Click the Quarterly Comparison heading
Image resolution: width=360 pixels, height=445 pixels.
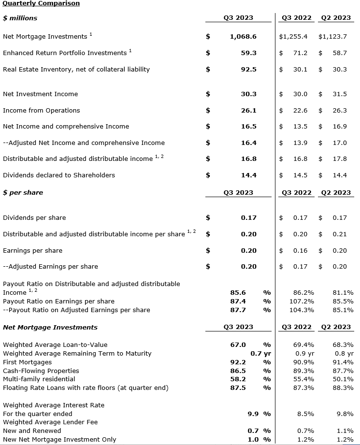[41, 3]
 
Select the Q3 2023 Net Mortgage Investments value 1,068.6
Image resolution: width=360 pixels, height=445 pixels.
[243, 37]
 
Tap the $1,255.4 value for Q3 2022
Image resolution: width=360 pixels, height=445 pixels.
[293, 37]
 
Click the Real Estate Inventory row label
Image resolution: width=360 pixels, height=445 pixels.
[76, 70]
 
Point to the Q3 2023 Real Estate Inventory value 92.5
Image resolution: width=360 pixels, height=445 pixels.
[248, 70]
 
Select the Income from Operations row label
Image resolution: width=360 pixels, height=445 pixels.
[42, 111]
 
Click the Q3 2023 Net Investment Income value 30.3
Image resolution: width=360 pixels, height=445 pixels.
[248, 94]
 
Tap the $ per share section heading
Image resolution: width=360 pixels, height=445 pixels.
[23, 193]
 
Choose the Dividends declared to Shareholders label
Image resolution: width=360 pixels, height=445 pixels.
[59, 175]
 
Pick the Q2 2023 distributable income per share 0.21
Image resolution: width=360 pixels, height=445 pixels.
[339, 234]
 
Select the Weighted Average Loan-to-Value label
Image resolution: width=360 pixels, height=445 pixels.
[55, 345]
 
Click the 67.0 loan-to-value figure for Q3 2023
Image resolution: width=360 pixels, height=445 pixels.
[238, 345]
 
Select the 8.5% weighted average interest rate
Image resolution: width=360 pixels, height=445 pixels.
[305, 414]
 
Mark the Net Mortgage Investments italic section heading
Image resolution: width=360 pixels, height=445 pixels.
[50, 328]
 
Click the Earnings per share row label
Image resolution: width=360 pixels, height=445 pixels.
[33, 251]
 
